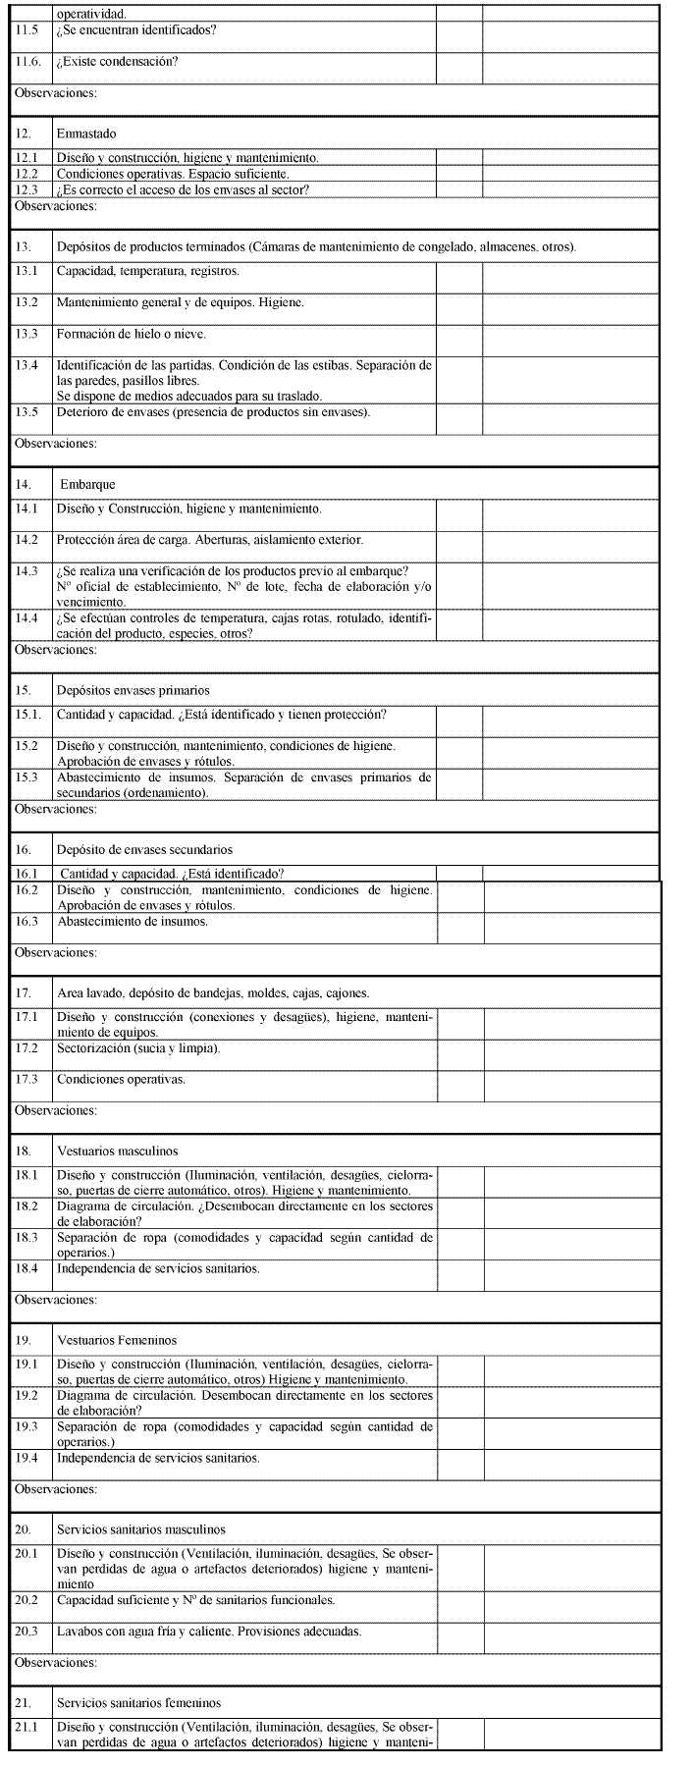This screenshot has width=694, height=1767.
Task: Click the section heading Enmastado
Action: [x=87, y=134]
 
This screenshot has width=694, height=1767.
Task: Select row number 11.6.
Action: [x=29, y=62]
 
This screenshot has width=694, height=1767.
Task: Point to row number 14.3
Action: [x=27, y=571]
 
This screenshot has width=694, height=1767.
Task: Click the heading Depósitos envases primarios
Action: [x=133, y=690]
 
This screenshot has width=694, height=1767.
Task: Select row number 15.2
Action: [x=27, y=746]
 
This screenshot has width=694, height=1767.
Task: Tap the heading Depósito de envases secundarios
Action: [x=144, y=850]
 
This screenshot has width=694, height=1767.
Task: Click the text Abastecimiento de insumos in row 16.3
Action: [x=133, y=922]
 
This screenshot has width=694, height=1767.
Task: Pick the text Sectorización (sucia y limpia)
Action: [x=138, y=1048]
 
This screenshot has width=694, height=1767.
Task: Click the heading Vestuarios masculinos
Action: [x=117, y=1151]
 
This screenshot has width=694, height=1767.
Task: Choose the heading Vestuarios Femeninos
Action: [x=118, y=1340]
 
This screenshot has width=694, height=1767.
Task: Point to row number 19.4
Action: [x=27, y=1458]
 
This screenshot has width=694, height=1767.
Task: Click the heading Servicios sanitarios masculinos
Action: [x=140, y=1529]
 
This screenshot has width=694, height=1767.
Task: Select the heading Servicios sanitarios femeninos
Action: [x=138, y=1703]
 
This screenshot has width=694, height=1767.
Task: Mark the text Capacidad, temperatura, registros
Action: [x=147, y=271]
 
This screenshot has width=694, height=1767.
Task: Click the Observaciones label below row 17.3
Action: [x=55, y=1111]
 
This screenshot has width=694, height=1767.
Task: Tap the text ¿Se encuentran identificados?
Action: [x=136, y=30]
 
